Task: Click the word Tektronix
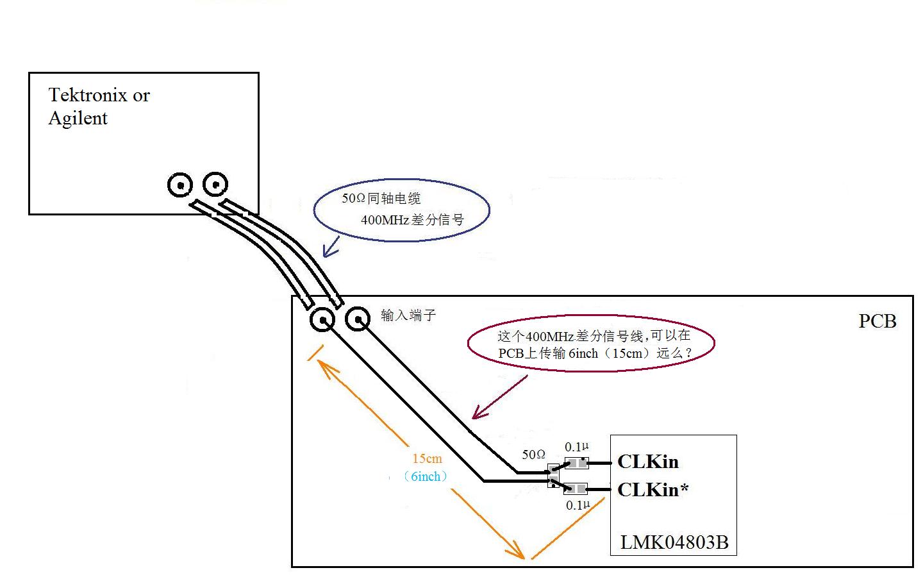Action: click(88, 96)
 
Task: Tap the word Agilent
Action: click(78, 119)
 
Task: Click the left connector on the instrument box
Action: click(181, 186)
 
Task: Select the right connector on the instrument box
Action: click(215, 185)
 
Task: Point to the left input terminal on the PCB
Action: click(322, 319)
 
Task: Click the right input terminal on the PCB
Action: click(358, 318)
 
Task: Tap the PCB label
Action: click(877, 321)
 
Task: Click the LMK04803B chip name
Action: click(674, 542)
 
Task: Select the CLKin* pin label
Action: click(653, 490)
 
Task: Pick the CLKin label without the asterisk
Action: click(647, 462)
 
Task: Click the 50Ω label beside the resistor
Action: click(533, 455)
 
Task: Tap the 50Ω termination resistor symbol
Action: click(553, 476)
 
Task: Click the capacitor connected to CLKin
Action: click(576, 463)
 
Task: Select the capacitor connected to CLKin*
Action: click(576, 489)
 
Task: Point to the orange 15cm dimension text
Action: click(427, 458)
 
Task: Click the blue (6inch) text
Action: click(426, 476)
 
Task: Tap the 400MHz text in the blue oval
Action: click(385, 220)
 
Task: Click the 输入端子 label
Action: click(408, 315)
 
